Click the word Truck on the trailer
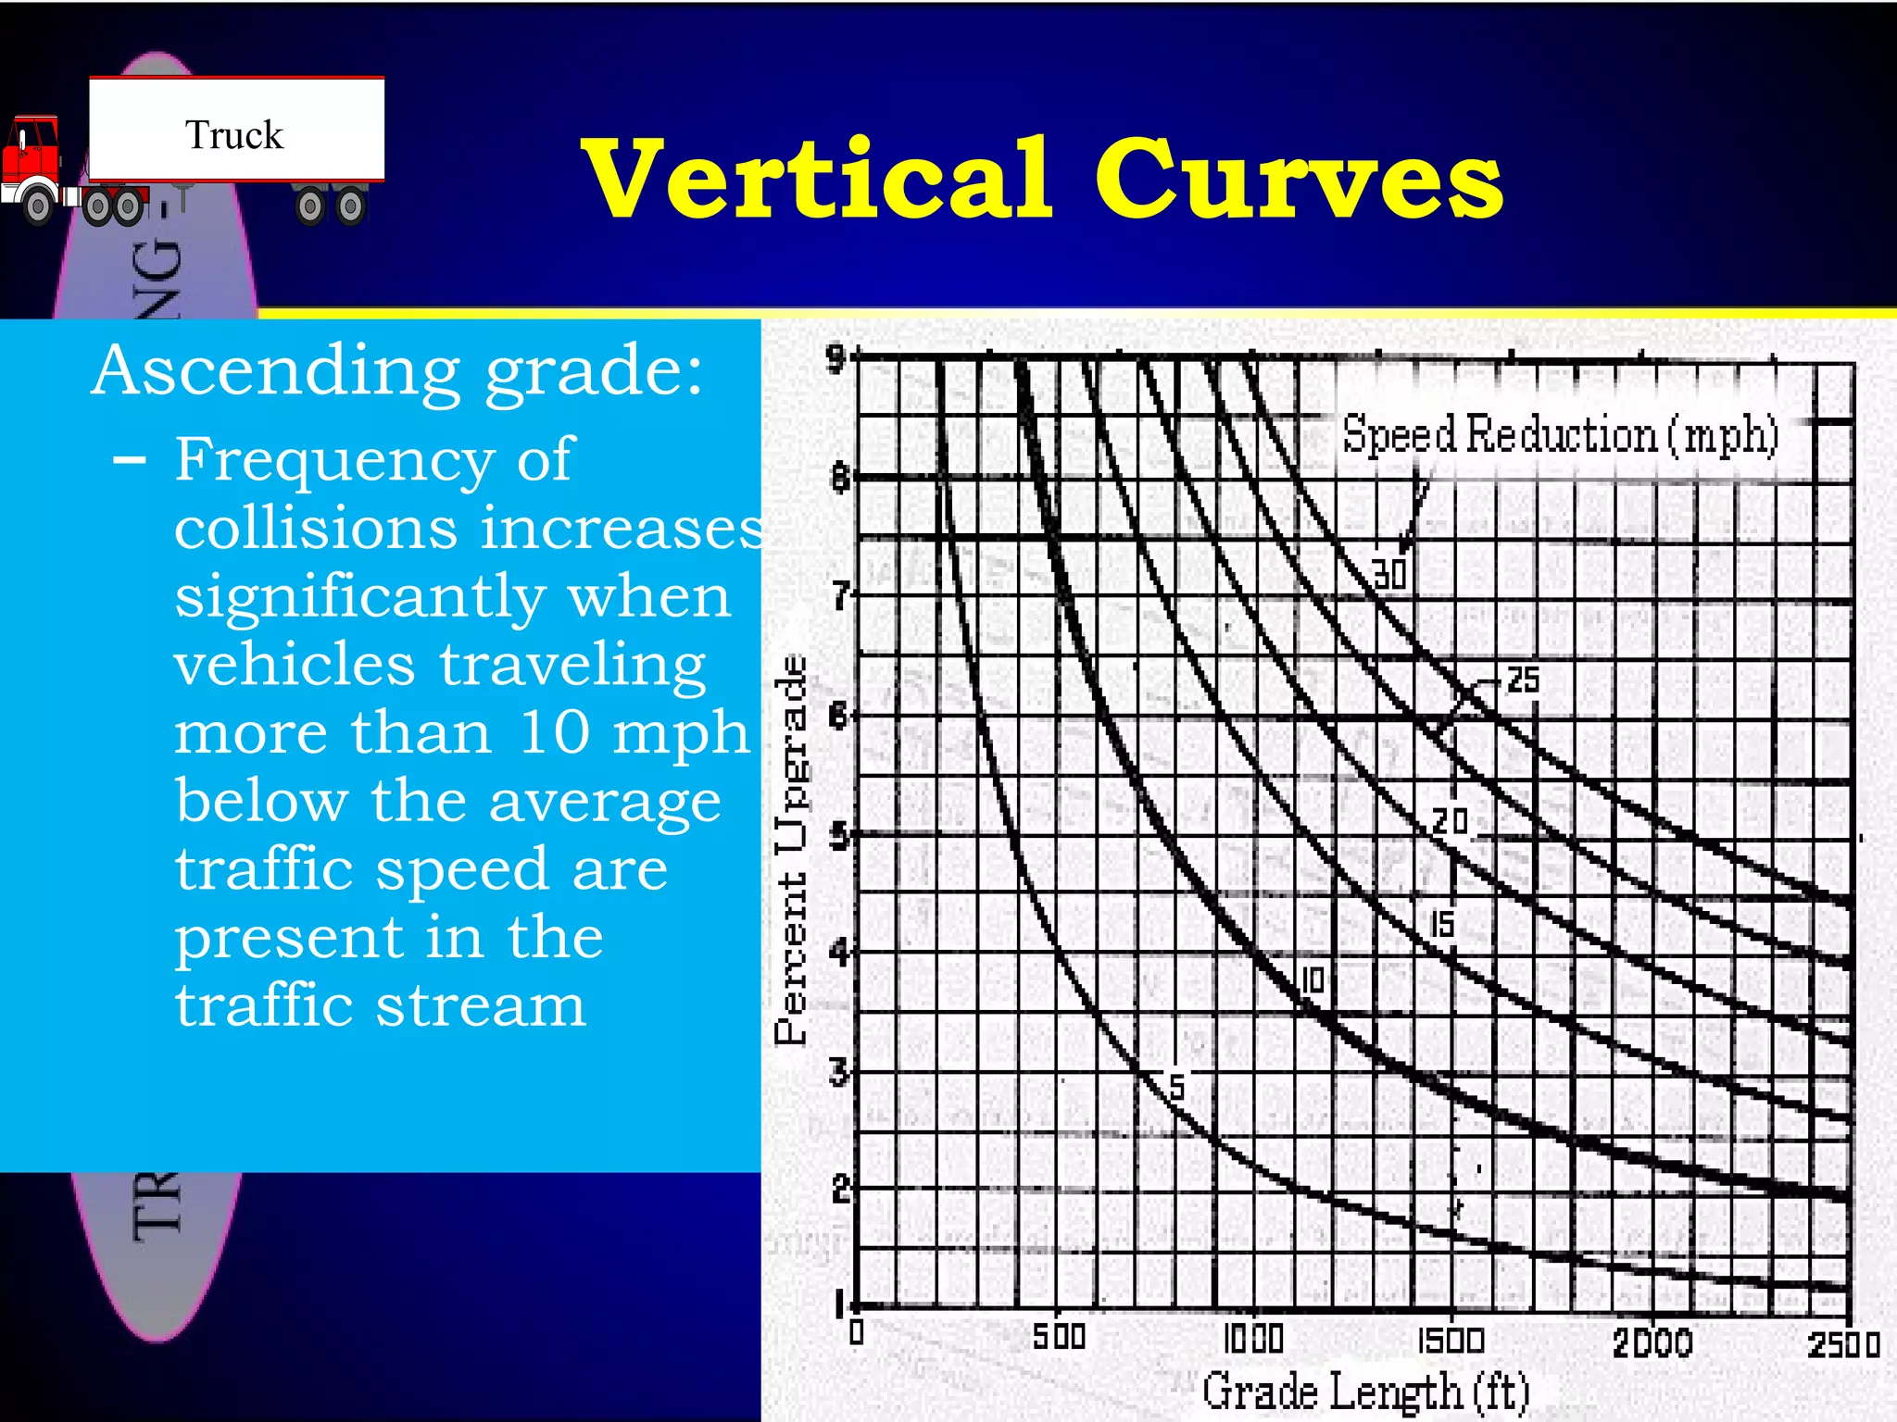pyautogui.click(x=233, y=135)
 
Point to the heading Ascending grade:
pyautogui.click(x=397, y=370)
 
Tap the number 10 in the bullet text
pyautogui.click(x=554, y=732)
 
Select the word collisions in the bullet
pyautogui.click(x=315, y=528)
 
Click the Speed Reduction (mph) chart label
pyautogui.click(x=1560, y=435)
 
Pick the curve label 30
pyautogui.click(x=1389, y=575)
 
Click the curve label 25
pyautogui.click(x=1523, y=680)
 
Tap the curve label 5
pyautogui.click(x=1176, y=1087)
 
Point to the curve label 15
pyautogui.click(x=1442, y=924)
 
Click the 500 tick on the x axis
pyautogui.click(x=1058, y=1338)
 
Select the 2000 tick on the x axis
pyautogui.click(x=1652, y=1342)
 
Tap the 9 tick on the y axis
pyautogui.click(x=836, y=357)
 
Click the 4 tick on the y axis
pyautogui.click(x=838, y=951)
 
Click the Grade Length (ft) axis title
pyautogui.click(x=1365, y=1391)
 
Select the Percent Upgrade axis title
pyautogui.click(x=791, y=850)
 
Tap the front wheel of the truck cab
pyautogui.click(x=38, y=206)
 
